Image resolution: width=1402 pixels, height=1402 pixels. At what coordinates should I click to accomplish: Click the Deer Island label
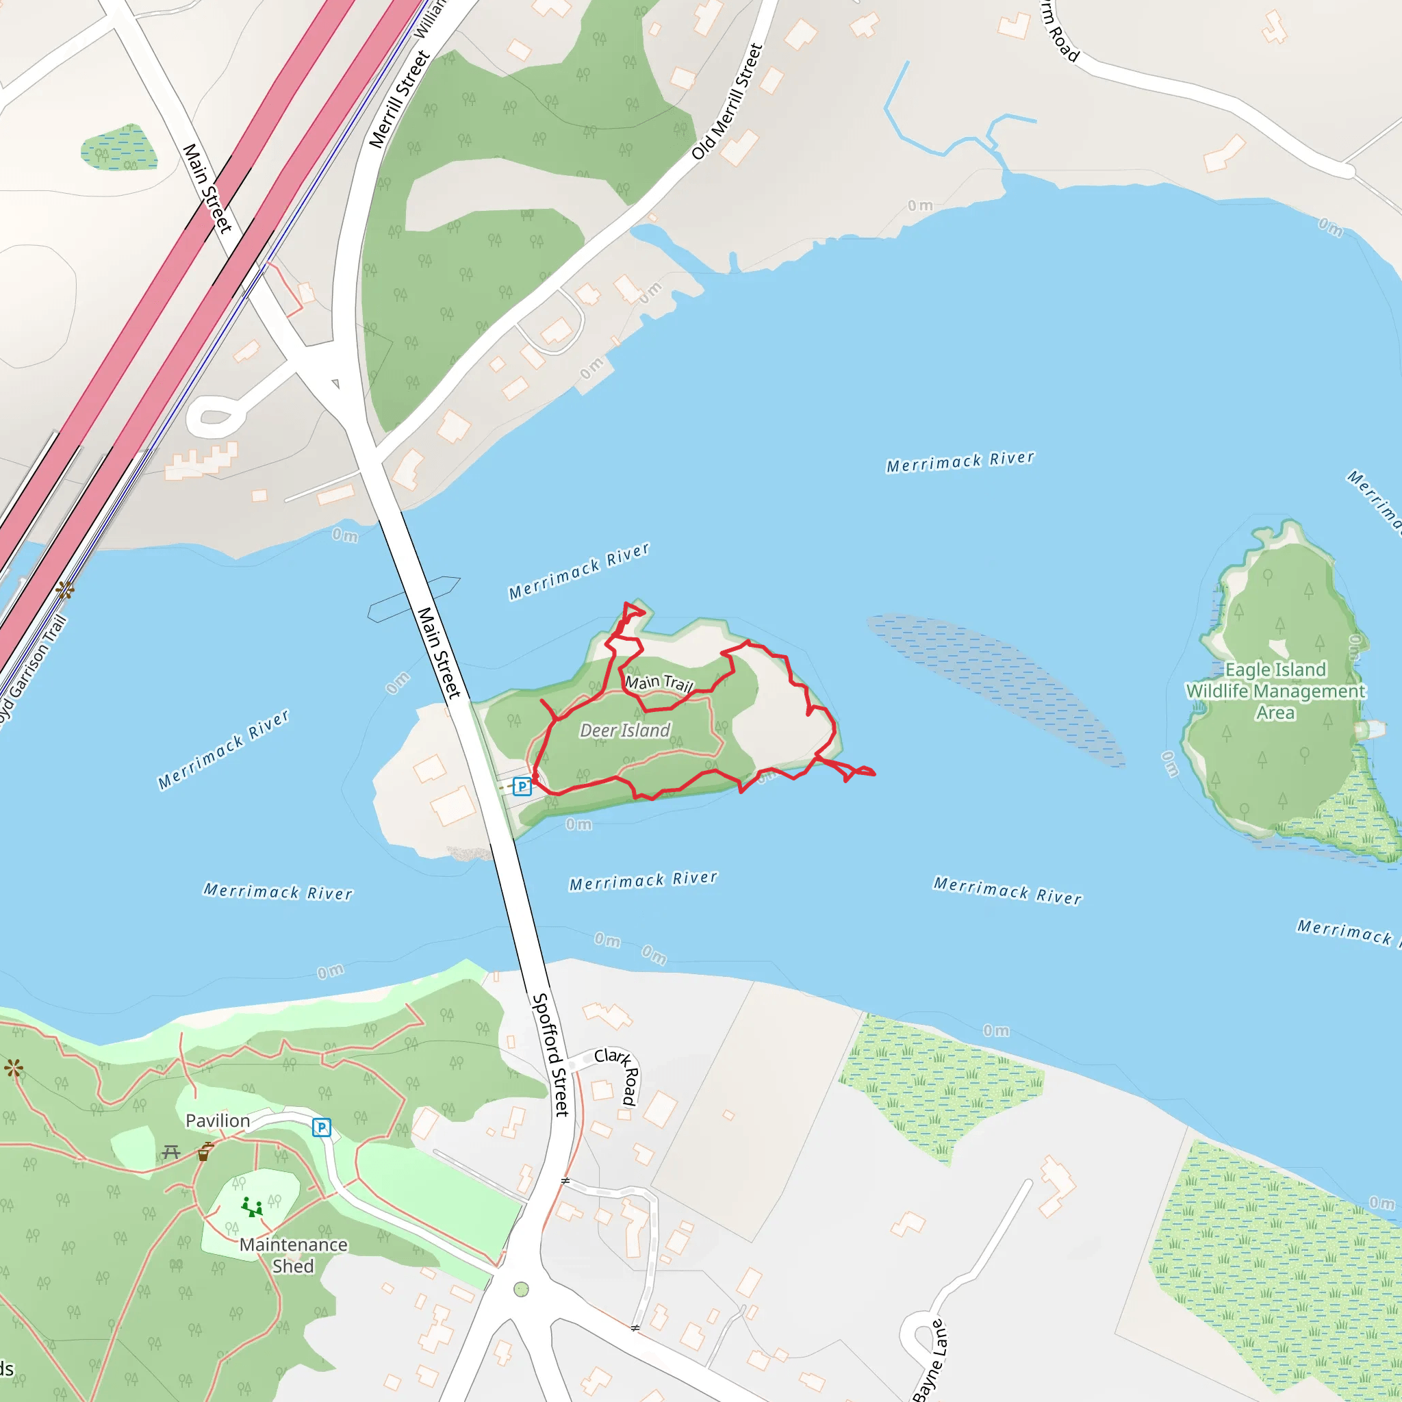click(625, 730)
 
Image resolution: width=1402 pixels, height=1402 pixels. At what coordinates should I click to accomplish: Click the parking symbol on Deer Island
click(522, 786)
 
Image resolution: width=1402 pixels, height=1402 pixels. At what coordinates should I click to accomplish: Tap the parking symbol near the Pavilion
click(322, 1127)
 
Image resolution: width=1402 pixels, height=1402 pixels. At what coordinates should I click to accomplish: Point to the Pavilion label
click(218, 1121)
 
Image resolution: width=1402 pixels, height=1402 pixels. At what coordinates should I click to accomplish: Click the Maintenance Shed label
click(293, 1256)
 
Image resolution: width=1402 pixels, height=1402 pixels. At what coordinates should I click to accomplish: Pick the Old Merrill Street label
click(727, 101)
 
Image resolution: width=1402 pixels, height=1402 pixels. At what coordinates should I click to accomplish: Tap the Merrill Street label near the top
click(399, 99)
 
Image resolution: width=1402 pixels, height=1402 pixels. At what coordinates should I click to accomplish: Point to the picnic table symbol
click(171, 1151)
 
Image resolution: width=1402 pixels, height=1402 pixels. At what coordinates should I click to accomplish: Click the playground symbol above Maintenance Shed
click(251, 1207)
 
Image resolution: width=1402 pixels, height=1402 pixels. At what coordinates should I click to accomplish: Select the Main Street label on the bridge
click(439, 653)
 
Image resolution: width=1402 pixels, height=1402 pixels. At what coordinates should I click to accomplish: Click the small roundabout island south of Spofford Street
click(521, 1290)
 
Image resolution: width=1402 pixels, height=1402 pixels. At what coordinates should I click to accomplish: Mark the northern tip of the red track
click(626, 603)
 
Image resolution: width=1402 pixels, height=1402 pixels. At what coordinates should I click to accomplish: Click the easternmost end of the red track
click(874, 774)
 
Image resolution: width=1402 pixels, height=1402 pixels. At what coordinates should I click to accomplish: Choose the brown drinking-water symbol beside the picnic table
click(205, 1151)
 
